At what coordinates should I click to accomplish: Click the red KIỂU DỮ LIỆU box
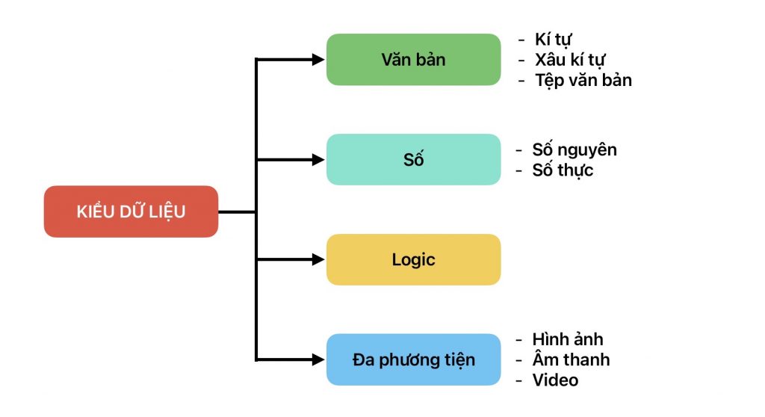[131, 211]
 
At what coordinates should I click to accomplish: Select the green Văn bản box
[413, 59]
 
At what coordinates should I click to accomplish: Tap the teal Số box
[413, 159]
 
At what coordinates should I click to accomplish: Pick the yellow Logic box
[413, 259]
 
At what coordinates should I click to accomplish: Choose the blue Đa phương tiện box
[413, 359]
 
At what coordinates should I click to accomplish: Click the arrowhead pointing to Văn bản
[318, 59]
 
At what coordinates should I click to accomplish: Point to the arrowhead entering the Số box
[318, 159]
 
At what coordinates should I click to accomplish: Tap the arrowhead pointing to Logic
[318, 259]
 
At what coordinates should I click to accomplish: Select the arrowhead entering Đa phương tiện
[318, 359]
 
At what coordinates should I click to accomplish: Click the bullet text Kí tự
[554, 40]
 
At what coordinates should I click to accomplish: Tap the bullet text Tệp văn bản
[583, 80]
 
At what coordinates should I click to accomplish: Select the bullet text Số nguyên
[574, 149]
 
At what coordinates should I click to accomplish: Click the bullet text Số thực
[563, 170]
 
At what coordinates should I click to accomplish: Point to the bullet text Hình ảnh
[568, 340]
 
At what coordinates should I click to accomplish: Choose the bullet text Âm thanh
[571, 360]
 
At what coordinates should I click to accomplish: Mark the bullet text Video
[555, 380]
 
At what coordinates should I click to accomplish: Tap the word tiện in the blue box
[458, 360]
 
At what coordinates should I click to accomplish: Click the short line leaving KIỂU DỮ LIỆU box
[237, 211]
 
